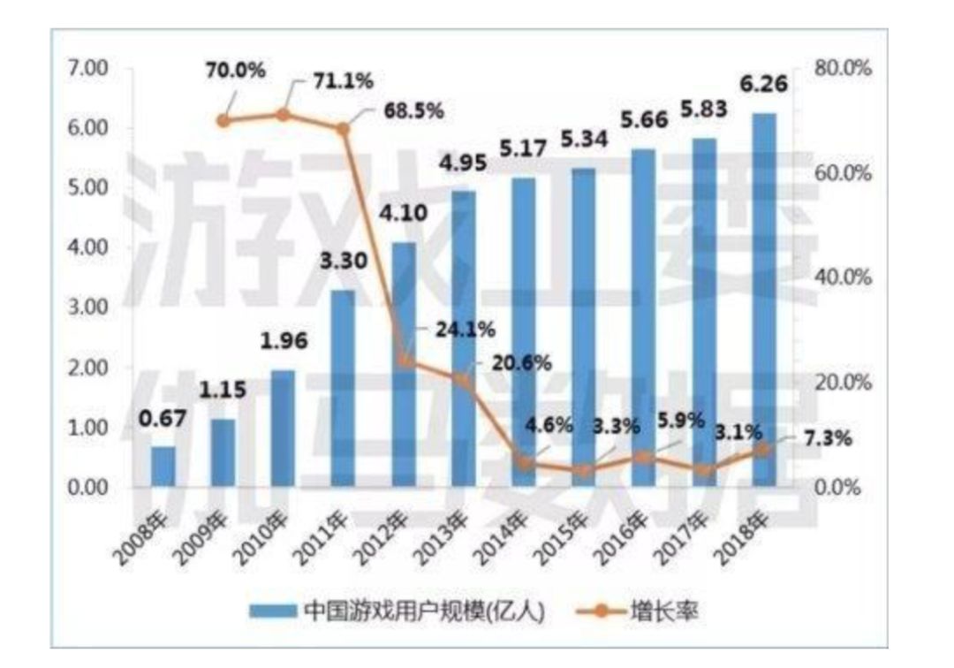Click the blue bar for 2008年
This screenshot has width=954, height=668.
(x=163, y=467)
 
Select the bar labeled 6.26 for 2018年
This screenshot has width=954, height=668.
(x=763, y=300)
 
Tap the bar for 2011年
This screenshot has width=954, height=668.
(x=343, y=389)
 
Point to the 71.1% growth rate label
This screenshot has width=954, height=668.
(x=343, y=80)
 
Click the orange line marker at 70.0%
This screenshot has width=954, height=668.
(x=223, y=120)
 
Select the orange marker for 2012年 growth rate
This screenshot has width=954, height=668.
(x=404, y=361)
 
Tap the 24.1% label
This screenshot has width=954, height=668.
(x=465, y=330)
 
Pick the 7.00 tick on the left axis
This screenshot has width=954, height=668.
(x=87, y=68)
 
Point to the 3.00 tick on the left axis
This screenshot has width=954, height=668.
(x=87, y=307)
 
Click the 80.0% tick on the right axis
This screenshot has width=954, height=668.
(x=842, y=68)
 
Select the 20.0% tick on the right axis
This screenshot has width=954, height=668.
(x=842, y=383)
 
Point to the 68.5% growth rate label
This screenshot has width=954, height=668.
(x=413, y=111)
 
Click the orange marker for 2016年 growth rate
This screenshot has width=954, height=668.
(x=644, y=457)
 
